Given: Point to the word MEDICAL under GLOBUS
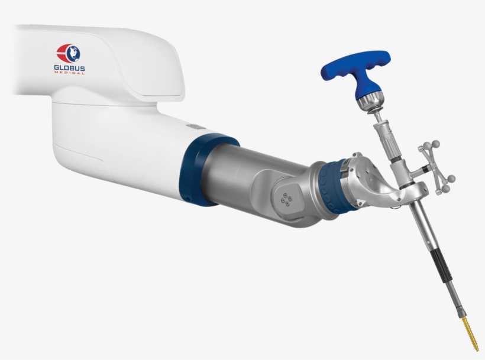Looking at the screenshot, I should [70, 74].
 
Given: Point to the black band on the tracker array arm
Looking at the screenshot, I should [426, 171].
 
